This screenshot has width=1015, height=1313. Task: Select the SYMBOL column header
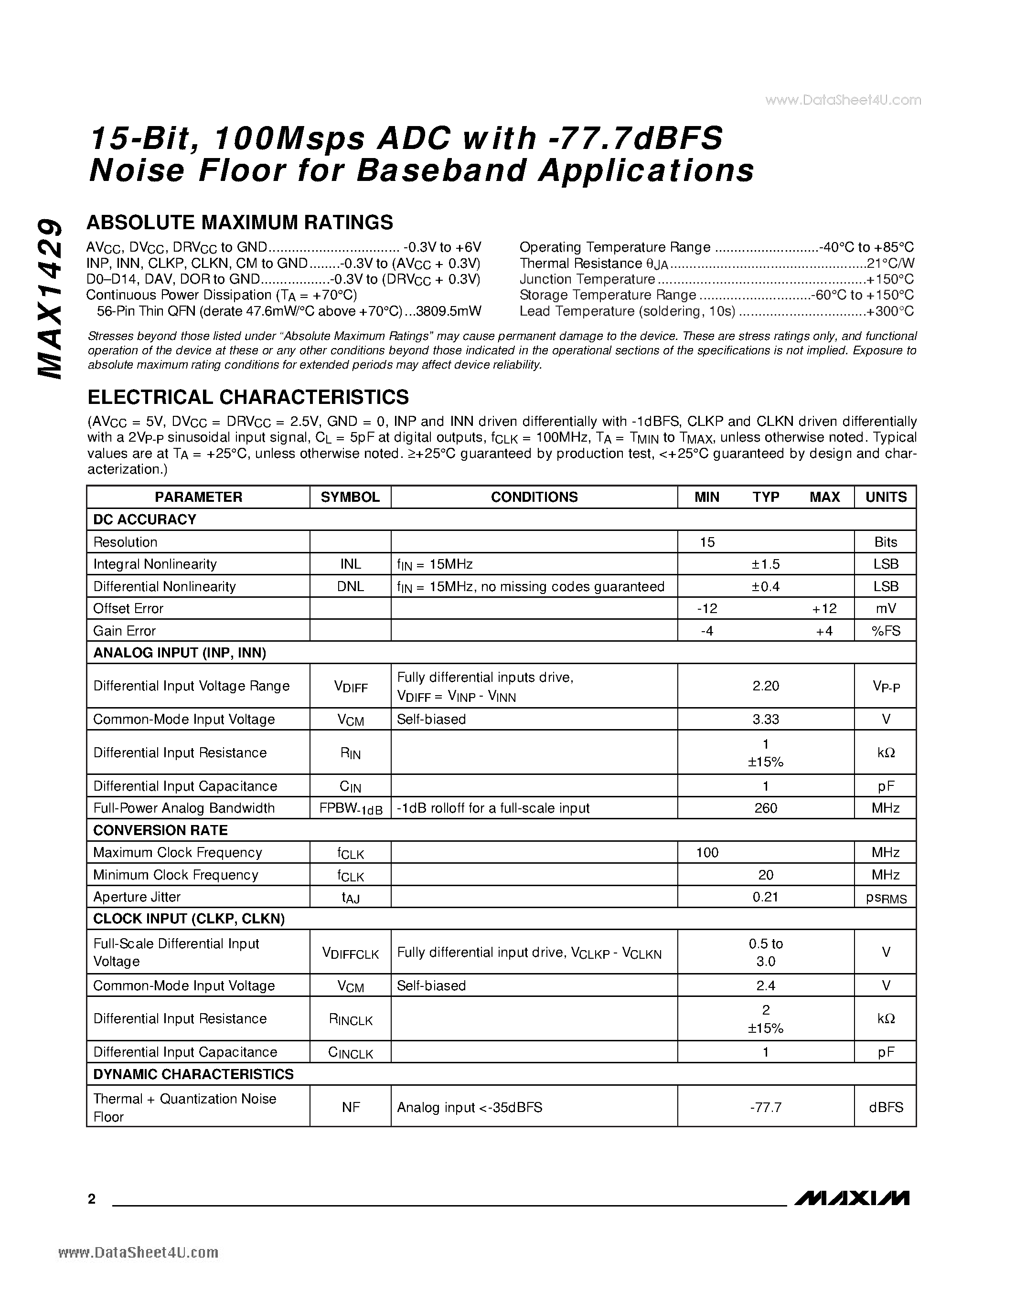[350, 497]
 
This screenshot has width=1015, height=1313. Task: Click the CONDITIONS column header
[534, 497]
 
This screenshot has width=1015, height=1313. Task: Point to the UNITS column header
[886, 497]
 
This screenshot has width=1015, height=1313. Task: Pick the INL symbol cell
[351, 564]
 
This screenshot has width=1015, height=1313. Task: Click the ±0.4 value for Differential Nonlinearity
[766, 586]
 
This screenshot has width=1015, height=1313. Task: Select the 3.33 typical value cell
[766, 719]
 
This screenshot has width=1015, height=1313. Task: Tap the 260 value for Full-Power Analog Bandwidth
[766, 808]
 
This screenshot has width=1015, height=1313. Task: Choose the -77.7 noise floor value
[766, 1107]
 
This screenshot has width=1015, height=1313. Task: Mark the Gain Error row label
[125, 631]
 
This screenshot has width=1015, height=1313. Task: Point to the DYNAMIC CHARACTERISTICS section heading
[193, 1074]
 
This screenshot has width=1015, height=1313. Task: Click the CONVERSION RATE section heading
[160, 830]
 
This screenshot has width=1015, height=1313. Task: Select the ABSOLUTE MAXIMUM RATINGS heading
[240, 222]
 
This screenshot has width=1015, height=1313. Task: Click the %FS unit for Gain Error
[886, 631]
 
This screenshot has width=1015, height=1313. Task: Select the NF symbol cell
[351, 1107]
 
